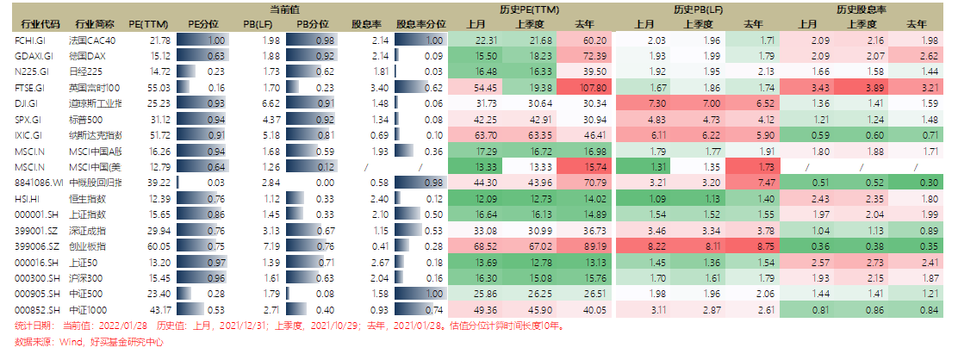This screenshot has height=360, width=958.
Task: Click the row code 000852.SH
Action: (x=34, y=309)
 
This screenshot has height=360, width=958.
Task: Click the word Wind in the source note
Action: (x=63, y=342)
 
